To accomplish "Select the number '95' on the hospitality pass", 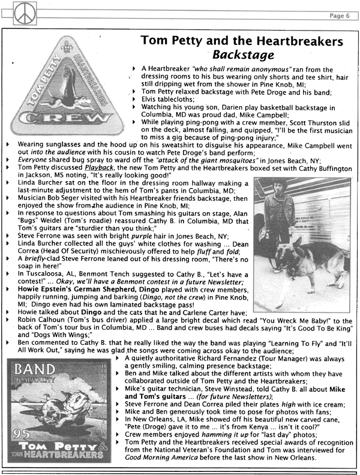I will pos(25,432).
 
